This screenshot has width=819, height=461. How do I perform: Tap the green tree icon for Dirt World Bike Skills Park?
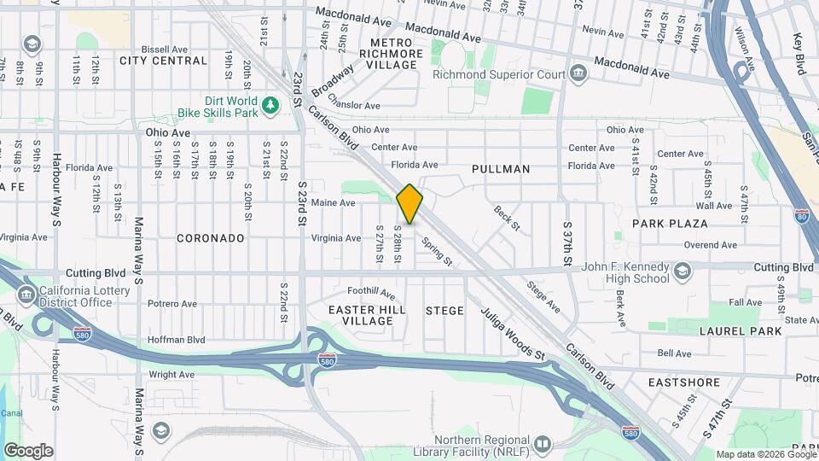click(x=270, y=105)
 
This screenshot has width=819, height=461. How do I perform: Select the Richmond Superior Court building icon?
click(x=578, y=74)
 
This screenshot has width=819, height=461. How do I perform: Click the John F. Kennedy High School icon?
click(x=682, y=272)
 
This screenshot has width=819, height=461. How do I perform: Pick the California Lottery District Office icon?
click(x=27, y=295)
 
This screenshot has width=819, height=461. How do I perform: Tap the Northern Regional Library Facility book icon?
click(x=541, y=444)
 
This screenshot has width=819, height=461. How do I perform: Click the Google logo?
click(x=28, y=450)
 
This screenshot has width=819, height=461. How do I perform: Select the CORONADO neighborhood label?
click(x=211, y=238)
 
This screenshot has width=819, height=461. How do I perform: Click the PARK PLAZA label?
click(x=670, y=223)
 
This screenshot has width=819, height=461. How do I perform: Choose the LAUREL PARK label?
click(x=740, y=330)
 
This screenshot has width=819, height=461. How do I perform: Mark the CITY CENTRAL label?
click(x=163, y=61)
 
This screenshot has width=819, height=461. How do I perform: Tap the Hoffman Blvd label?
click(x=177, y=339)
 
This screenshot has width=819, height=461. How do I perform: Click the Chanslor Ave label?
click(x=353, y=105)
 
